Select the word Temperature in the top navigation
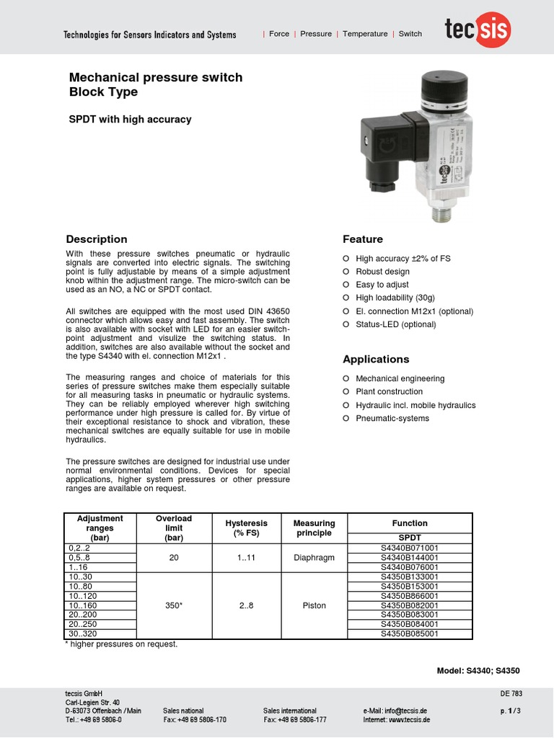point(364,34)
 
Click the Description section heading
point(97,239)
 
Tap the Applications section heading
point(375,359)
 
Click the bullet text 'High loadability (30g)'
point(395,298)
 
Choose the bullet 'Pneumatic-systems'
point(392,418)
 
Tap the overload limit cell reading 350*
point(173,605)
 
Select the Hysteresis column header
point(246,528)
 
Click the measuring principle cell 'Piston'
point(314,605)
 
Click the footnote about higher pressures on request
point(121,644)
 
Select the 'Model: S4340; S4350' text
point(478,670)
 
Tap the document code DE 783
point(510,694)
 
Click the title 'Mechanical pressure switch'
point(155,77)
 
